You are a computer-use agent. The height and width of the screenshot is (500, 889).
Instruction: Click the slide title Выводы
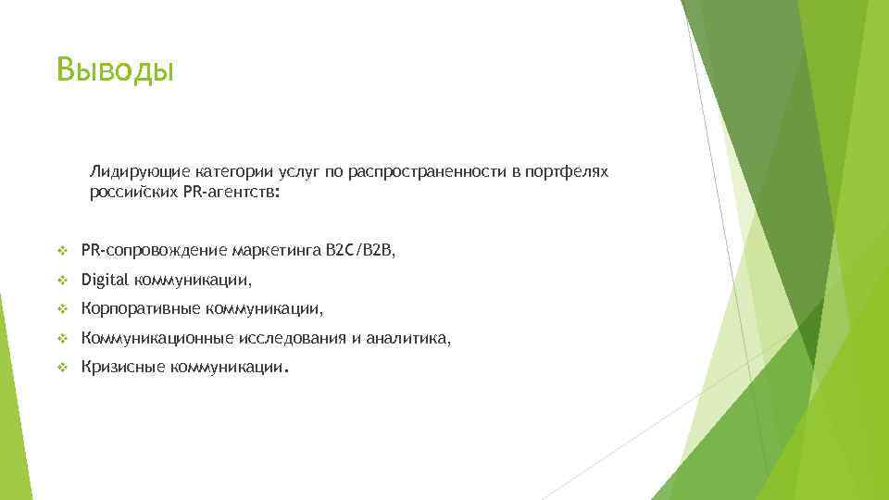(x=114, y=69)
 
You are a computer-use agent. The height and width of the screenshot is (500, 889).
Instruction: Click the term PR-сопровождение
(x=154, y=250)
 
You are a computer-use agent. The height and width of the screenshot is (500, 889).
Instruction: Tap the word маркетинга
(x=275, y=250)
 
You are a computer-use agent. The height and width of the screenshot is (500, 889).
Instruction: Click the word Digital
(x=106, y=280)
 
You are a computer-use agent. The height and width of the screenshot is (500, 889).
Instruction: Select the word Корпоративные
(x=140, y=309)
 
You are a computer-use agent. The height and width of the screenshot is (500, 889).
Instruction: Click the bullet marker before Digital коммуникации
(x=62, y=280)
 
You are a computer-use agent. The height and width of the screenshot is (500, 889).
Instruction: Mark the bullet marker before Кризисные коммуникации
(x=62, y=368)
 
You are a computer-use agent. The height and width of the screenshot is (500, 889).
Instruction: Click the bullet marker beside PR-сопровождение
(x=62, y=250)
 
